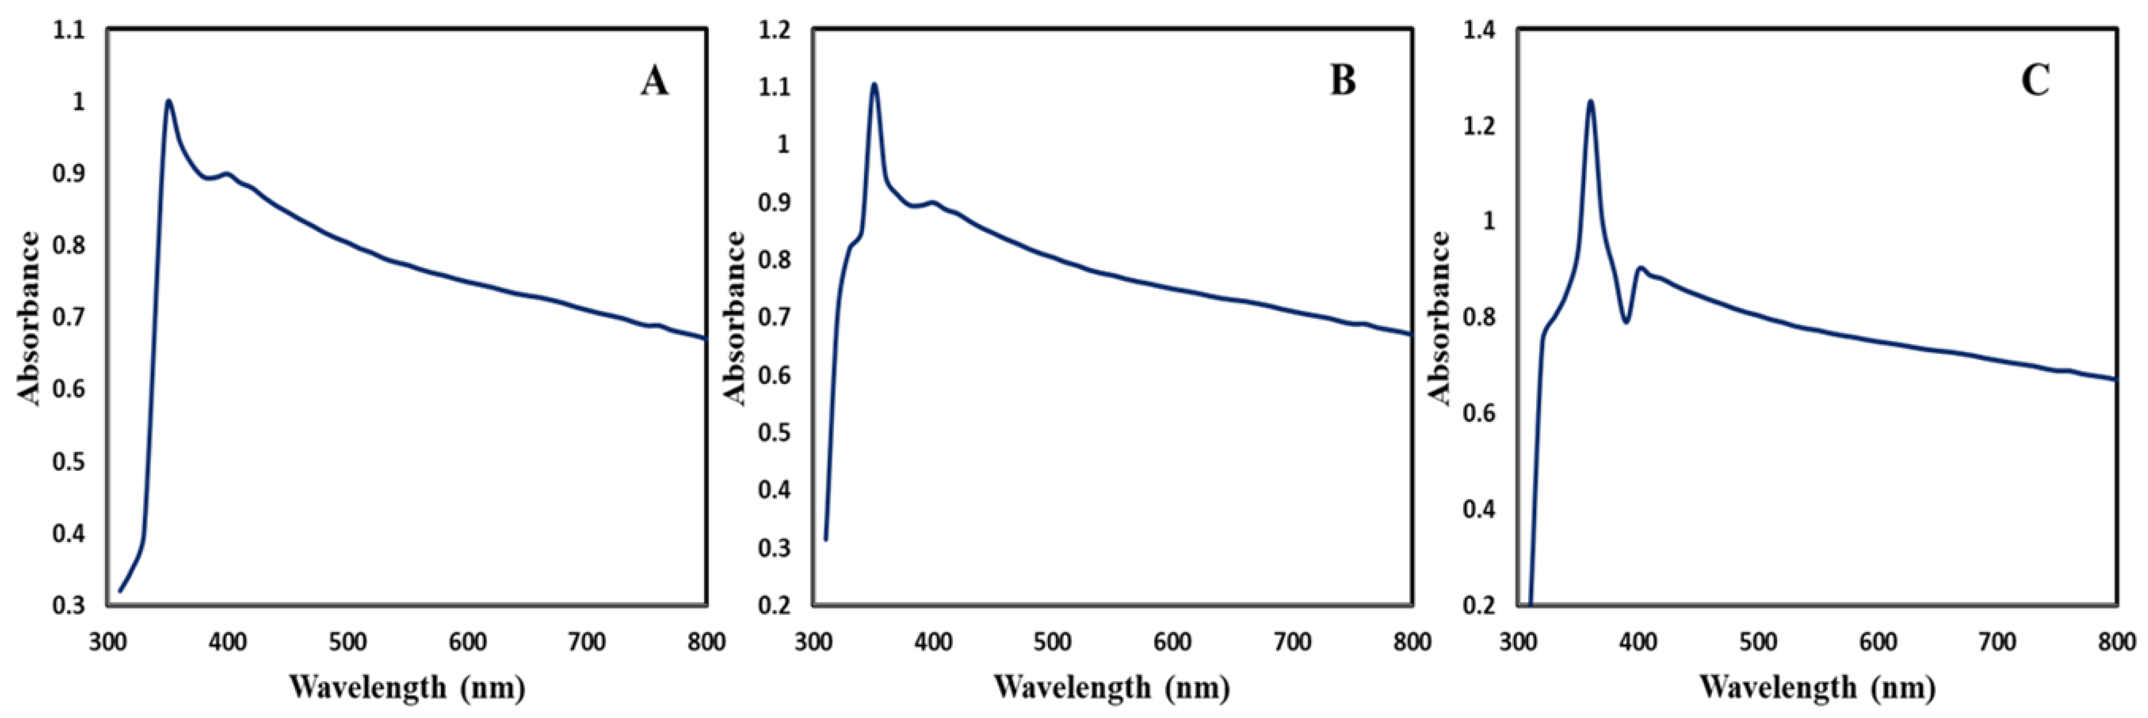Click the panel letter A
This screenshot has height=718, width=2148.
click(655, 82)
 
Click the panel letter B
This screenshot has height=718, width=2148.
click(1343, 82)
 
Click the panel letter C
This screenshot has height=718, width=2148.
click(2036, 82)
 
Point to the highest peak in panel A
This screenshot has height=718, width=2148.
click(168, 101)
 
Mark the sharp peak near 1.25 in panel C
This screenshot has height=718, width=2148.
click(1590, 102)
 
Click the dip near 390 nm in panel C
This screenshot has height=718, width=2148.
click(1625, 322)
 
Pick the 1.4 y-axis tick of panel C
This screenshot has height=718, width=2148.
click(1480, 31)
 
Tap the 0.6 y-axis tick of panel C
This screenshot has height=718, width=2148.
click(1480, 413)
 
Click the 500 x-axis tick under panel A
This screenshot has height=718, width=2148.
click(347, 642)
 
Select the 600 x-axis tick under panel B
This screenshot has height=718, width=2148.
click(1173, 642)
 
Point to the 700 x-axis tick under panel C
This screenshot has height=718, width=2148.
click(1998, 642)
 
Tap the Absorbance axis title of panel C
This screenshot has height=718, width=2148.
click(1440, 318)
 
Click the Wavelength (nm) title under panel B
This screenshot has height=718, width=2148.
click(1112, 688)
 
